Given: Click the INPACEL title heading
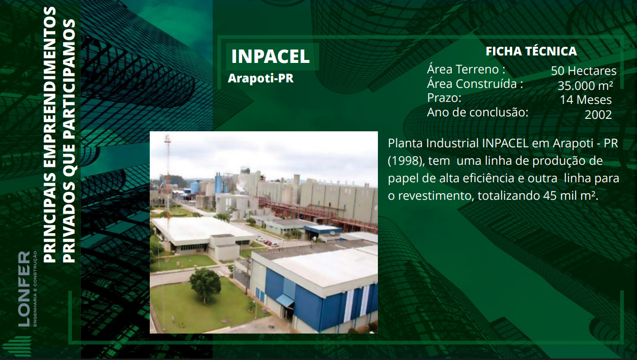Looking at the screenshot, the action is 270,56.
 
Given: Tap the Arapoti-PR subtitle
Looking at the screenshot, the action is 261,78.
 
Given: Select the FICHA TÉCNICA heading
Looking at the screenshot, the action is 531,51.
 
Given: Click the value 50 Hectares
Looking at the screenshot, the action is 584,71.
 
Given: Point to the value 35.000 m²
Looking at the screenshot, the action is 585,85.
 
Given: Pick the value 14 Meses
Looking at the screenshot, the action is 586,100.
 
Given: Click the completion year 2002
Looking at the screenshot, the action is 598,115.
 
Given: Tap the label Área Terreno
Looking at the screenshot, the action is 466,69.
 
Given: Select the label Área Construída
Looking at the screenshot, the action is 475,84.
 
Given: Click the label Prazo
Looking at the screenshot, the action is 444,98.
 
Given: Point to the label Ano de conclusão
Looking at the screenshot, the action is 477,112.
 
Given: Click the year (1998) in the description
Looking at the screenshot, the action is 406,161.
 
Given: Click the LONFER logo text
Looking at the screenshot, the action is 24,289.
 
